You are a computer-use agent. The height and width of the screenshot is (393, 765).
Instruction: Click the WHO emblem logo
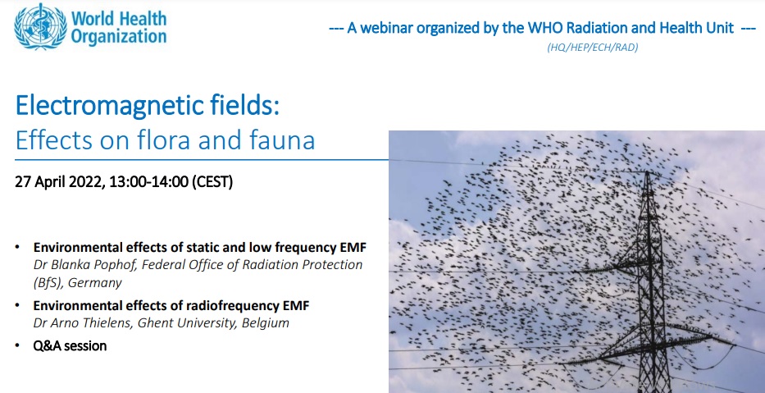point(39,26)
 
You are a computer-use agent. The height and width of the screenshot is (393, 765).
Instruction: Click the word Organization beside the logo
point(119,36)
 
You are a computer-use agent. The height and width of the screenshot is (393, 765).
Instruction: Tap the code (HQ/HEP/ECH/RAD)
point(593,48)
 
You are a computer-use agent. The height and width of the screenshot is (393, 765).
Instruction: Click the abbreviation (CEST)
point(212,182)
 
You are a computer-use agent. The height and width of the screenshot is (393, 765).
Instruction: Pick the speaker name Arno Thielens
point(89,322)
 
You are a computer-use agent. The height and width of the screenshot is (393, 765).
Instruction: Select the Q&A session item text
point(70,346)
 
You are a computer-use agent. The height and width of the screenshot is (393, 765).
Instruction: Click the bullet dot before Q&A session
point(18,345)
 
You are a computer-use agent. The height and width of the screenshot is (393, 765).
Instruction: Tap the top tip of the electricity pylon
point(648,171)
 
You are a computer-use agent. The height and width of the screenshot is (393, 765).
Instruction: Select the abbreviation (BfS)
point(48,283)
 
